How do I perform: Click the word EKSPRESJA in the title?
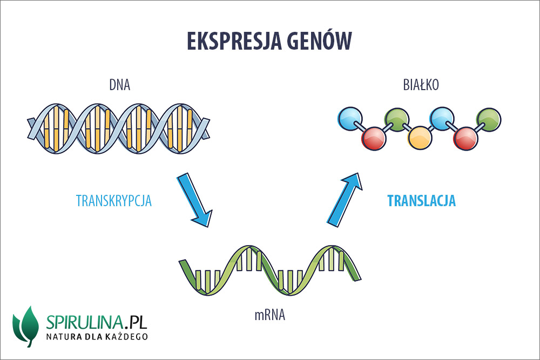(x=232, y=42)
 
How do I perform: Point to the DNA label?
(x=119, y=85)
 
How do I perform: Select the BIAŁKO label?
(x=421, y=85)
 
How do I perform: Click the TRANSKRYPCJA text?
(x=113, y=201)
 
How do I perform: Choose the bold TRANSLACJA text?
(x=422, y=201)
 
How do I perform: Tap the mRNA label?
(x=269, y=315)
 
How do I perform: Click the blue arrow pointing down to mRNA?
(x=194, y=200)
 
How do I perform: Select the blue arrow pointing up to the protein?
(x=345, y=200)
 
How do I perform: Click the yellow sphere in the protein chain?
(x=420, y=138)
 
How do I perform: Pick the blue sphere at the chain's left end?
(x=350, y=119)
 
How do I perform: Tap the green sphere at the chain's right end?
(x=489, y=119)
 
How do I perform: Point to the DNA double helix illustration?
(x=118, y=128)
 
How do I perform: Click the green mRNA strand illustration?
(x=269, y=270)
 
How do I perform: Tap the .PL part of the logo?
(x=136, y=322)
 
